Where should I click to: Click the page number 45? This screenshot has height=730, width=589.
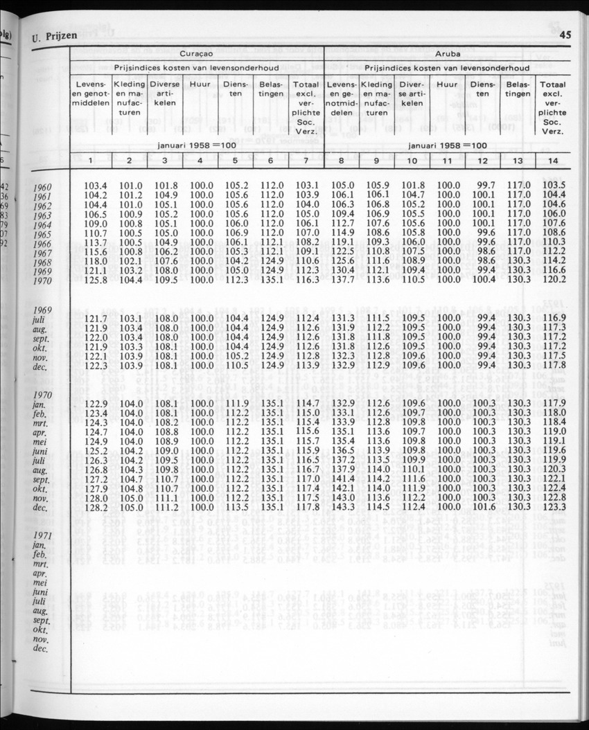[564, 35]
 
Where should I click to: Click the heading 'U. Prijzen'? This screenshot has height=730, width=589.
[52, 37]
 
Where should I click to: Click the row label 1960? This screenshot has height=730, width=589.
[46, 186]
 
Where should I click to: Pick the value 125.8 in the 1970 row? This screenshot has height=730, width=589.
[95, 279]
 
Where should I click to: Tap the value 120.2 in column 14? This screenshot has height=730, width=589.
[554, 279]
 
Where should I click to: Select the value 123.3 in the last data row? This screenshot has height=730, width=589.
[554, 507]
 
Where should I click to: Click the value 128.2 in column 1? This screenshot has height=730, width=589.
[95, 507]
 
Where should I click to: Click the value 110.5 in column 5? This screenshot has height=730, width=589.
[237, 365]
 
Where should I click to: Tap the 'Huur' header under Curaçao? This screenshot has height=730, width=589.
[200, 84]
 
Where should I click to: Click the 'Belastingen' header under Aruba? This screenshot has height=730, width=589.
[518, 89]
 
